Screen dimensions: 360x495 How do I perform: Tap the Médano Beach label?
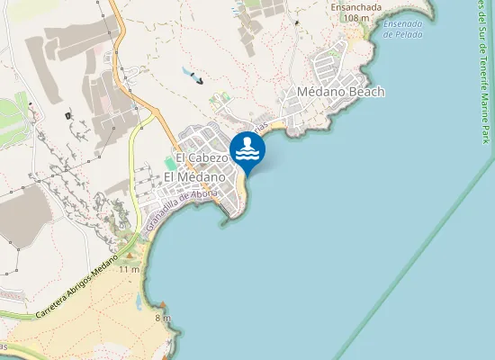[340, 92]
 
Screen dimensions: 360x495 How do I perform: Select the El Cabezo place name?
[202, 158]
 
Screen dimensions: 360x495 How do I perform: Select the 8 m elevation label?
[163, 318]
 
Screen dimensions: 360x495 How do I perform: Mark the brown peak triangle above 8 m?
[162, 309]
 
